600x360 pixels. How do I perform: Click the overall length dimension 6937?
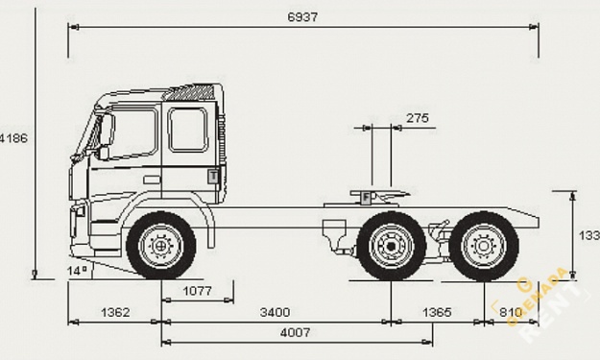click(302, 17)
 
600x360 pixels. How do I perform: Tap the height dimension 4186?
click(14, 138)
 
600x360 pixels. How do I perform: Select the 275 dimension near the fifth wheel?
click(418, 118)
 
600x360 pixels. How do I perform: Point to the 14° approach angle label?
click(77, 272)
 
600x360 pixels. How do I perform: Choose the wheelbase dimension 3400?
click(275, 313)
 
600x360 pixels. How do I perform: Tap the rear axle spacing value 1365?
click(436, 313)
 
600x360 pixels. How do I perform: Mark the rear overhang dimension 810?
click(511, 313)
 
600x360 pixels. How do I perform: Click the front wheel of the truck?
click(161, 246)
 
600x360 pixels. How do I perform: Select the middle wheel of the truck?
click(391, 246)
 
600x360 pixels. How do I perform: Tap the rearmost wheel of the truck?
click(484, 246)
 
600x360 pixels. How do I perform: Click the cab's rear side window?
click(187, 129)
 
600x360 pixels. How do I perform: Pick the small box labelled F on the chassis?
click(367, 197)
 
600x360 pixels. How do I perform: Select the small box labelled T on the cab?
click(213, 176)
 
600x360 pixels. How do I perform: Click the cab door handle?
click(152, 179)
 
